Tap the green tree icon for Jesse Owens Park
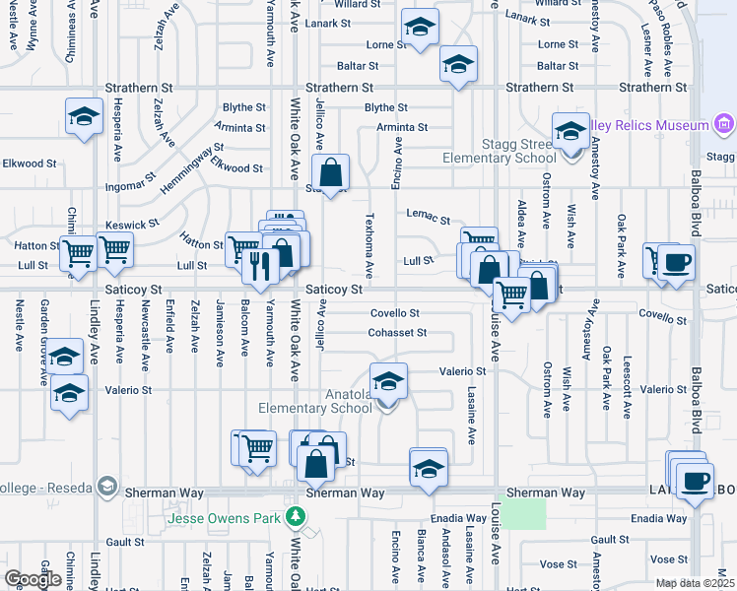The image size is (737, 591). click(x=295, y=517)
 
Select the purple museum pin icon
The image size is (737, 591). click(x=724, y=125)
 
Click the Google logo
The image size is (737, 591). click(x=33, y=579)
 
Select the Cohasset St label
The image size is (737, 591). click(x=397, y=333)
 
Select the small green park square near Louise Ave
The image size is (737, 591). click(x=531, y=513)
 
